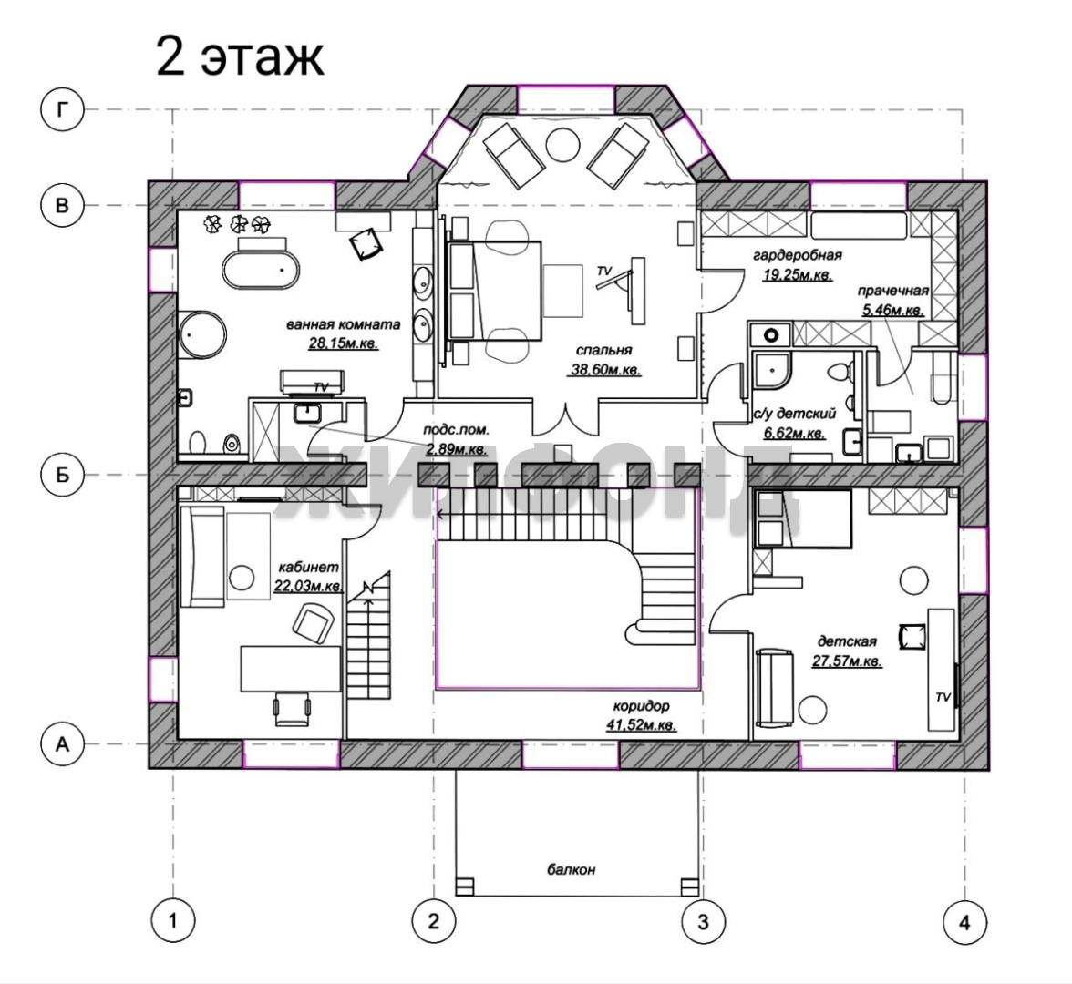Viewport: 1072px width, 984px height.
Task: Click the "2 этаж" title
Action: click(239, 57)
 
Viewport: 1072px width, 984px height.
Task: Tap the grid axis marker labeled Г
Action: click(62, 109)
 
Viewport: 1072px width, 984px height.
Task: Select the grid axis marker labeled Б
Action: click(62, 474)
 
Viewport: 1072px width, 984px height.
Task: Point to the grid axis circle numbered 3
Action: click(703, 922)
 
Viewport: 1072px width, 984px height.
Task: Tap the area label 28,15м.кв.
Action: click(343, 343)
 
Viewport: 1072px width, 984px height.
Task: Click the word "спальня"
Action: click(603, 350)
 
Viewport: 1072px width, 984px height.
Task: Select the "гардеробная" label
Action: click(797, 255)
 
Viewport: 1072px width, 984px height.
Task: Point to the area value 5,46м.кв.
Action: click(893, 310)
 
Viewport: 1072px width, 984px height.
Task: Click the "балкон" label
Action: click(571, 870)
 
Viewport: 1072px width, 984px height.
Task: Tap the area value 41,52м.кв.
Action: click(642, 724)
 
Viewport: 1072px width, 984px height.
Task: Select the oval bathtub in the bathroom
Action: click(261, 270)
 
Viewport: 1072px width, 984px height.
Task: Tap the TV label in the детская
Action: click(943, 697)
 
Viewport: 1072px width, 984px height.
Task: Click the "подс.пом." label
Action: click(456, 430)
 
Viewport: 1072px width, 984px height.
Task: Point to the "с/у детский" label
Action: click(795, 414)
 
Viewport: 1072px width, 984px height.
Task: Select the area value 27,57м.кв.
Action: click(847, 661)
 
